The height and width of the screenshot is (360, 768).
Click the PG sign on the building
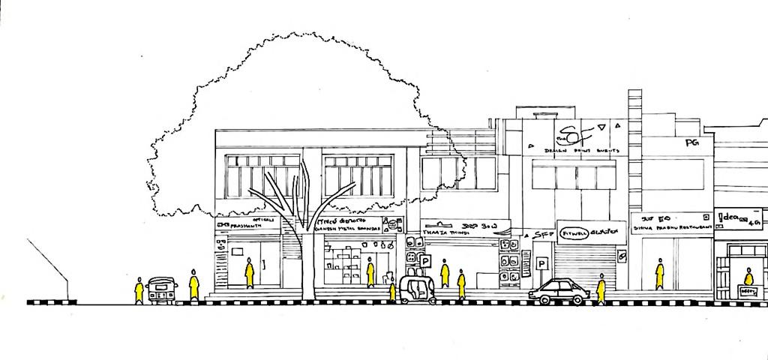point(691,142)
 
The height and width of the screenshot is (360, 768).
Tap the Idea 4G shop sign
point(738,219)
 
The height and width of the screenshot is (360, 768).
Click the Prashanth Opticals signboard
point(248,223)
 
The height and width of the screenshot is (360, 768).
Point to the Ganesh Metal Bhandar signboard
point(348,224)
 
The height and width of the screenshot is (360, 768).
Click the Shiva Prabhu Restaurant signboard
point(671,223)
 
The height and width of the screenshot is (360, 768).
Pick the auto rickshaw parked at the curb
point(418,289)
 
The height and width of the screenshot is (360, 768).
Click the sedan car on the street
point(559,292)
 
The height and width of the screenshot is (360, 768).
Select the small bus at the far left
point(162,289)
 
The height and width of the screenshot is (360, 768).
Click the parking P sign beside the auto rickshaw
point(426,261)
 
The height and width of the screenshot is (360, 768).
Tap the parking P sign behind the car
point(541,264)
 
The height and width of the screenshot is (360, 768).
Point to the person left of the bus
point(139,290)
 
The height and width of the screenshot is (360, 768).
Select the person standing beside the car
point(601,289)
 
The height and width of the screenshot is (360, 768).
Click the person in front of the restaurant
point(659,274)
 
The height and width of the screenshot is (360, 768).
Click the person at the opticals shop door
point(250,273)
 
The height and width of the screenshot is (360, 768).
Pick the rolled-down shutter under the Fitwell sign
point(584,266)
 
